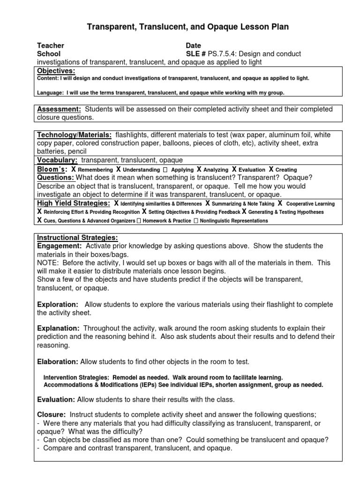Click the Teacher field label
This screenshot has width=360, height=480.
click(51, 45)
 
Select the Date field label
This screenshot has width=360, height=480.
click(193, 45)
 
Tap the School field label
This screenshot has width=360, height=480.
click(49, 54)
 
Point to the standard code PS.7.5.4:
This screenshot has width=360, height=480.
click(221, 54)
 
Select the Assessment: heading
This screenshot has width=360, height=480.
click(59, 109)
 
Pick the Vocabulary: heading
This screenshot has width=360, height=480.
click(57, 160)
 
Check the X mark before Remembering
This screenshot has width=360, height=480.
click(74, 169)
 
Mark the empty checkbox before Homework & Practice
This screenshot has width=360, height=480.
click(139, 220)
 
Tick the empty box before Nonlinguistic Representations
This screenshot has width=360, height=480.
click(195, 220)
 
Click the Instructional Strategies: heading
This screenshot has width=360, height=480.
click(77, 237)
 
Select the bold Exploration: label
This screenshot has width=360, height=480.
click(58, 305)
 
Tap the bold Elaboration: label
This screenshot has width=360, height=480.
click(58, 362)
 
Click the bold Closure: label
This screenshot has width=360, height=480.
click(51, 414)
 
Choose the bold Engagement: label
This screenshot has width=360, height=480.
click(60, 246)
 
